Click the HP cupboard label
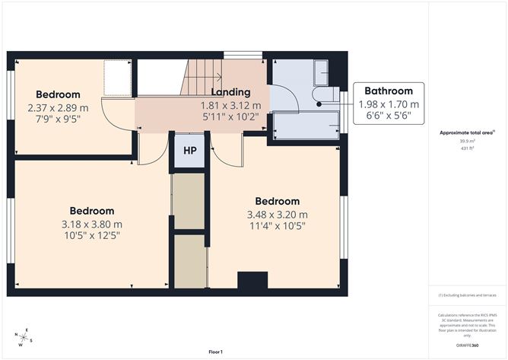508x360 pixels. (189, 150)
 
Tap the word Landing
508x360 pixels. (230, 92)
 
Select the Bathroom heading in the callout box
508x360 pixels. (388, 91)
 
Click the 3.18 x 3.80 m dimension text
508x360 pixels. (92, 225)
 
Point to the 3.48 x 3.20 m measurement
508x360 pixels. (277, 215)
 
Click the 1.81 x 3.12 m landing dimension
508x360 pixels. (230, 106)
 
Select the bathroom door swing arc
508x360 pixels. (281, 97)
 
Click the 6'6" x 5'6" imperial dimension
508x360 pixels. (388, 116)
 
